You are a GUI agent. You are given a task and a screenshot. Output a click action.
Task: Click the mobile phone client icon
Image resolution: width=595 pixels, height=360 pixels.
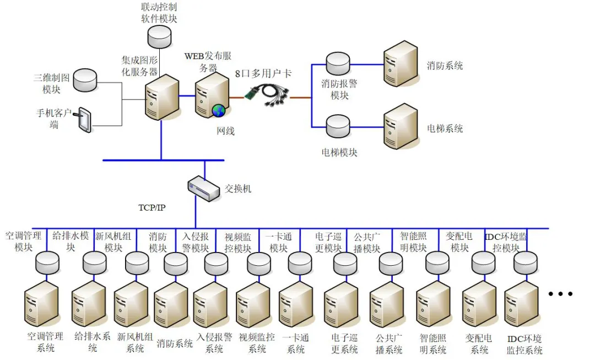click(x=84, y=120)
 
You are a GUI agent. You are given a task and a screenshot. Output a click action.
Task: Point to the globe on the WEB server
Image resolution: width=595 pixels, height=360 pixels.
click(x=219, y=110)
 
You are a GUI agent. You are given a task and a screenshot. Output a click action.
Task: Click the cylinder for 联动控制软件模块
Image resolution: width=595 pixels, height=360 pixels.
click(x=160, y=35)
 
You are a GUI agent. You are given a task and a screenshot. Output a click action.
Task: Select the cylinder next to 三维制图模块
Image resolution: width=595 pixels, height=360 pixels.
click(x=85, y=80)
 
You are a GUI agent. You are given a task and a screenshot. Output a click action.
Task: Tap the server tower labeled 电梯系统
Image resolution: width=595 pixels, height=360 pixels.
click(x=401, y=126)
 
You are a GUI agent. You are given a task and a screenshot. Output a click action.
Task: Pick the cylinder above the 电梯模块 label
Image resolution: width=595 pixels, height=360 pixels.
click(x=337, y=127)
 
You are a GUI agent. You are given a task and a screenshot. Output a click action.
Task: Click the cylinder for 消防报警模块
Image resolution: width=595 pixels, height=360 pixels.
click(x=337, y=64)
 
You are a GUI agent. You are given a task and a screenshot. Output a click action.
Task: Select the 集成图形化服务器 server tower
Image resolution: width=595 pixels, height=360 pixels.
click(x=161, y=98)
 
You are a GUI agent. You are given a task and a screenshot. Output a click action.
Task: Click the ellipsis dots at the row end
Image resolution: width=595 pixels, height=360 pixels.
click(x=560, y=294)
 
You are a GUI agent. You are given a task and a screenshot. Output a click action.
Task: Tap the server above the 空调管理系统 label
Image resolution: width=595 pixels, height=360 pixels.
click(x=41, y=304)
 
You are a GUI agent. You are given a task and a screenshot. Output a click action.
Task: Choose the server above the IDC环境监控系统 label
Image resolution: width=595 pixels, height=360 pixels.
click(x=521, y=304)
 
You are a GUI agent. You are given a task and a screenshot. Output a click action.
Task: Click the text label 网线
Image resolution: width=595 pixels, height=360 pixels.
click(x=225, y=131)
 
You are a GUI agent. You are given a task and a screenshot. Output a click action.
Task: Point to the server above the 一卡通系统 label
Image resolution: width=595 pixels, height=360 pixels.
click(x=295, y=304)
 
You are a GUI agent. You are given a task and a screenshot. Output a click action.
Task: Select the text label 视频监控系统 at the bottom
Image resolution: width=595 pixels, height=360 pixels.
click(x=257, y=342)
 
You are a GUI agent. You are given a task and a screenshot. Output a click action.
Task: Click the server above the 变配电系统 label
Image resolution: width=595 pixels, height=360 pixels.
click(x=478, y=304)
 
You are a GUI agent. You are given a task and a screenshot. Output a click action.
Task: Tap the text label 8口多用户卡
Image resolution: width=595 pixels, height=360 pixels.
click(x=263, y=74)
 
